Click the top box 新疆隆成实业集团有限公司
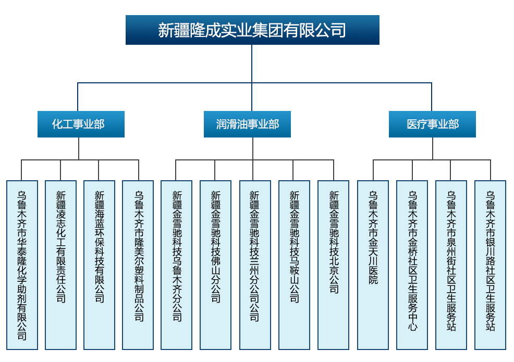(x=252, y=30)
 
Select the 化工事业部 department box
(x=81, y=124)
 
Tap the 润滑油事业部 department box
(x=247, y=124)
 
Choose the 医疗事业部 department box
(x=432, y=124)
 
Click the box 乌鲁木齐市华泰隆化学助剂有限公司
(x=22, y=265)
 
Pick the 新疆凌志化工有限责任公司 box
(x=60, y=265)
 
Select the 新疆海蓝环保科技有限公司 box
(x=99, y=265)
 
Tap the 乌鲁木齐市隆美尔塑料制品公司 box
(x=138, y=265)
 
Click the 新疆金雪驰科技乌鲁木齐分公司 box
(x=177, y=265)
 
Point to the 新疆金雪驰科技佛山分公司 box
(x=215, y=265)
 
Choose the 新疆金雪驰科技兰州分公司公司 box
(x=255, y=265)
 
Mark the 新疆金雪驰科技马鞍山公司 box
(x=294, y=265)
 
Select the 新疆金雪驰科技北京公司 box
(x=334, y=265)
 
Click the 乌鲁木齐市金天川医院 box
(x=373, y=265)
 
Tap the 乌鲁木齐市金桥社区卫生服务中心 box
(x=412, y=265)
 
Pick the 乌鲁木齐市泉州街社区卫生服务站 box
(x=451, y=265)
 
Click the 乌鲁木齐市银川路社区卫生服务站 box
(x=490, y=265)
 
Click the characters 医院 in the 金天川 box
(x=373, y=275)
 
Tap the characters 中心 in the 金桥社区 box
(x=412, y=321)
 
